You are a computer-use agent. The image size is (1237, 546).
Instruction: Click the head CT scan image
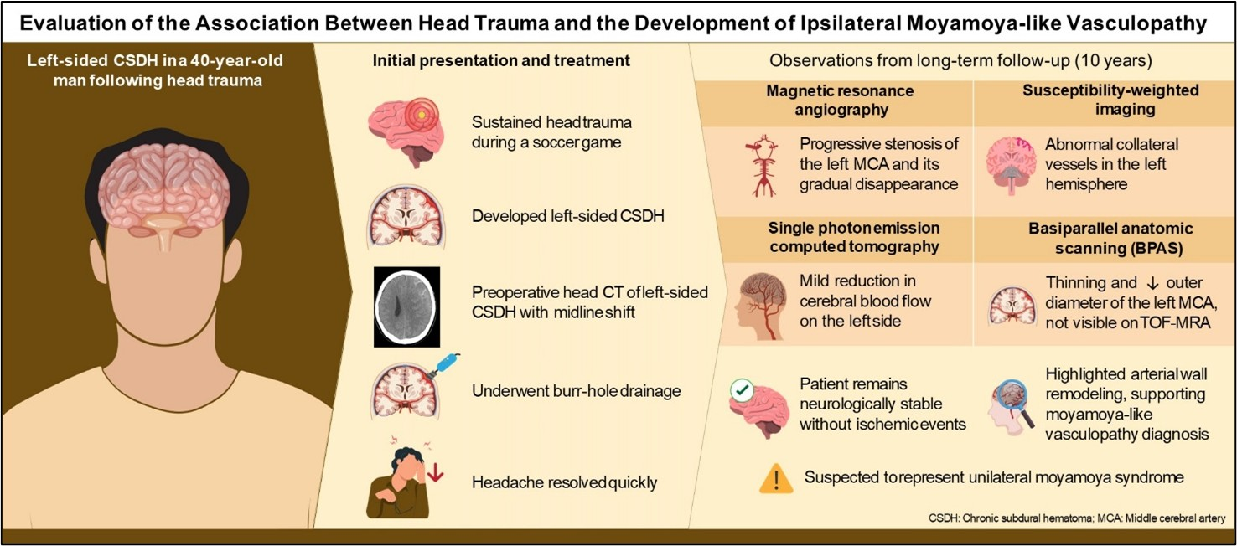pyautogui.click(x=406, y=306)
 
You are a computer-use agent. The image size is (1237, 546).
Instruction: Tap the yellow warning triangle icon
pyautogui.click(x=776, y=478)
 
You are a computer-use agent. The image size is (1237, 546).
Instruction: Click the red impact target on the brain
pyautogui.click(x=421, y=114)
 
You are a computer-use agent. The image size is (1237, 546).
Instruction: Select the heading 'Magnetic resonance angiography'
pyautogui.click(x=840, y=100)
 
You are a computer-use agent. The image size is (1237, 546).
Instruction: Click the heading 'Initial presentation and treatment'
pyautogui.click(x=501, y=61)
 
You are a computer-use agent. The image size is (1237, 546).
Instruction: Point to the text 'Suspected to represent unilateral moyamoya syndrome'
pyautogui.click(x=994, y=478)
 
